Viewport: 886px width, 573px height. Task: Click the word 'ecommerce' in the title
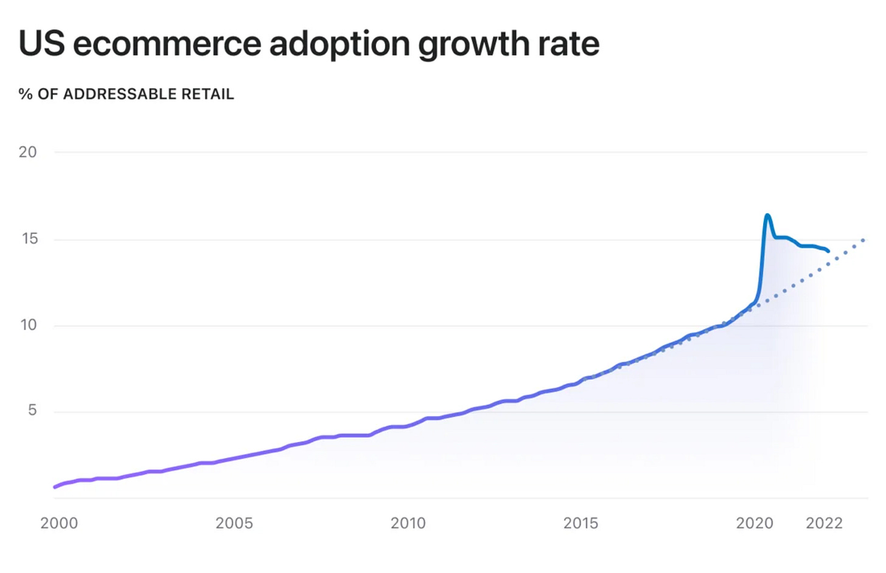(x=166, y=44)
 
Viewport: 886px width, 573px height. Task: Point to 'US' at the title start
(x=41, y=44)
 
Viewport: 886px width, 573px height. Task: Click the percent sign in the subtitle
(x=25, y=94)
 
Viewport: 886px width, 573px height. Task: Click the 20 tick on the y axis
(x=27, y=152)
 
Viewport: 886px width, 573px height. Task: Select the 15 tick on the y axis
(x=29, y=239)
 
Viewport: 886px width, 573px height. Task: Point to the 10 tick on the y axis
(x=28, y=325)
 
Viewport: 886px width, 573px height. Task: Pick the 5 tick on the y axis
(x=32, y=410)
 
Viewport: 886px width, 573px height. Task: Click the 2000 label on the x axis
(x=59, y=523)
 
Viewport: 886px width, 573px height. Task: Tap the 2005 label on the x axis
(x=234, y=523)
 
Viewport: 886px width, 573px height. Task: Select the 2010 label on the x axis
(x=408, y=523)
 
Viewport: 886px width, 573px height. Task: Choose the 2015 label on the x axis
(x=581, y=523)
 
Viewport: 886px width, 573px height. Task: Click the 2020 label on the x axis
(x=755, y=523)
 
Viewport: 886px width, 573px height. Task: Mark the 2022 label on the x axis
(x=824, y=523)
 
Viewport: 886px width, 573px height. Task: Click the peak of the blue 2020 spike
(x=767, y=215)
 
